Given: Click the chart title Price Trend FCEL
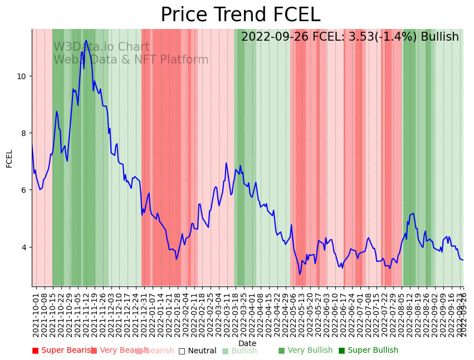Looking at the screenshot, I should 240,15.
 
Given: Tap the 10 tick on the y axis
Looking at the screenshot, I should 23,76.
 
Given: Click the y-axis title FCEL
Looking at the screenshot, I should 9,158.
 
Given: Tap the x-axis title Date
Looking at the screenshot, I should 247,343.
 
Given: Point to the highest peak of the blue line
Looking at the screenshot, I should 86,41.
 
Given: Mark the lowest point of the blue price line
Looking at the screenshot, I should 300,274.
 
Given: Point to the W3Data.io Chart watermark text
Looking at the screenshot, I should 101,47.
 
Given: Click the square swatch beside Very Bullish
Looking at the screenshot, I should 281,351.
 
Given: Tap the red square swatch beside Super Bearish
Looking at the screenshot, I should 35,351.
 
